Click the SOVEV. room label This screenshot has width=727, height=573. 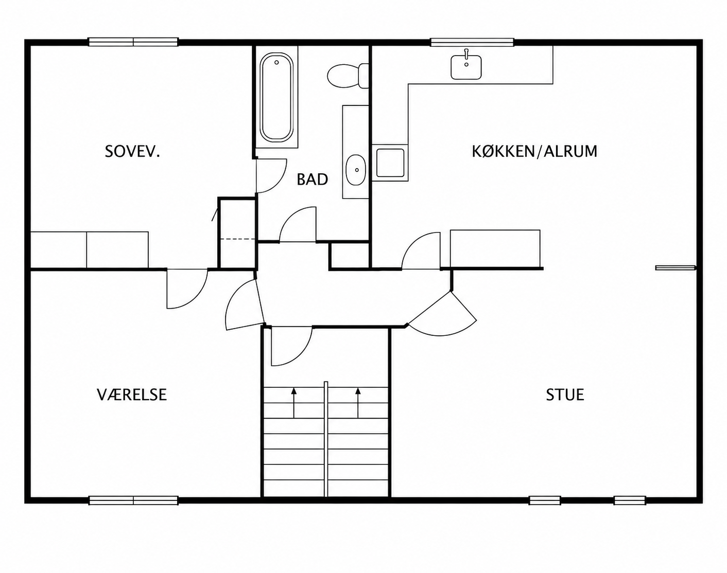coord(132,152)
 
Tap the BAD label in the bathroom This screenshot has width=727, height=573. coord(312,180)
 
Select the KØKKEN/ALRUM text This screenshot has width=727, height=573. coord(534,151)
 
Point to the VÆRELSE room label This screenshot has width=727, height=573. coord(132,395)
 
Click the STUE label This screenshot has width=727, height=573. coord(565,395)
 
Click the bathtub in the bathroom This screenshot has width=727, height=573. coord(276,97)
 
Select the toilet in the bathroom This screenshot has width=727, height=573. coord(348,76)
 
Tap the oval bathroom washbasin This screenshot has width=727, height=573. coord(356,170)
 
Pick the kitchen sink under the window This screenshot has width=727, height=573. coord(466,67)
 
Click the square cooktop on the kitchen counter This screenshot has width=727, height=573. coord(390,163)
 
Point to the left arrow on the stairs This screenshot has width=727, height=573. coord(294,403)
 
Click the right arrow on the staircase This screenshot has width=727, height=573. coord(358,403)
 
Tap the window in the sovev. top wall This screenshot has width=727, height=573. coord(133,42)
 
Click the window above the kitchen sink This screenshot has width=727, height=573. coord(472,42)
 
